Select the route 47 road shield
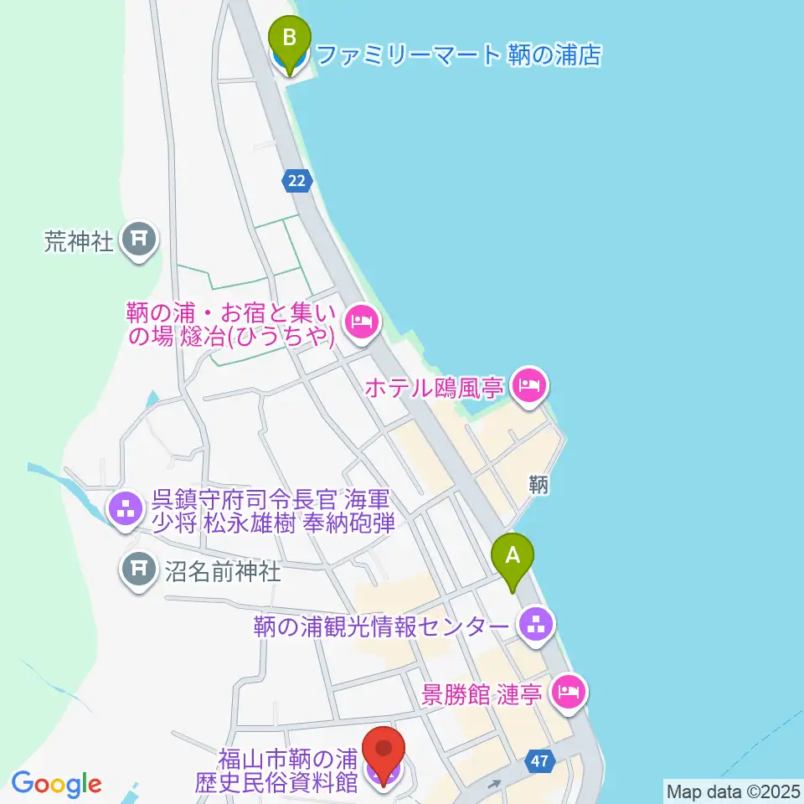pyautogui.click(x=541, y=761)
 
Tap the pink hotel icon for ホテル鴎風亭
pyautogui.click(x=529, y=387)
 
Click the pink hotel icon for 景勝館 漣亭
pyautogui.click(x=569, y=693)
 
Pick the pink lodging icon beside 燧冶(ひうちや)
pyautogui.click(x=362, y=321)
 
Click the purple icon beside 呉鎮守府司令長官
pyautogui.click(x=126, y=508)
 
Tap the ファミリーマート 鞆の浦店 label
pyautogui.click(x=460, y=56)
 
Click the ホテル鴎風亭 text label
pyautogui.click(x=433, y=388)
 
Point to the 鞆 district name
pyautogui.click(x=539, y=484)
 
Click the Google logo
pyautogui.click(x=56, y=784)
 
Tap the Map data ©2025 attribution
pyautogui.click(x=733, y=791)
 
